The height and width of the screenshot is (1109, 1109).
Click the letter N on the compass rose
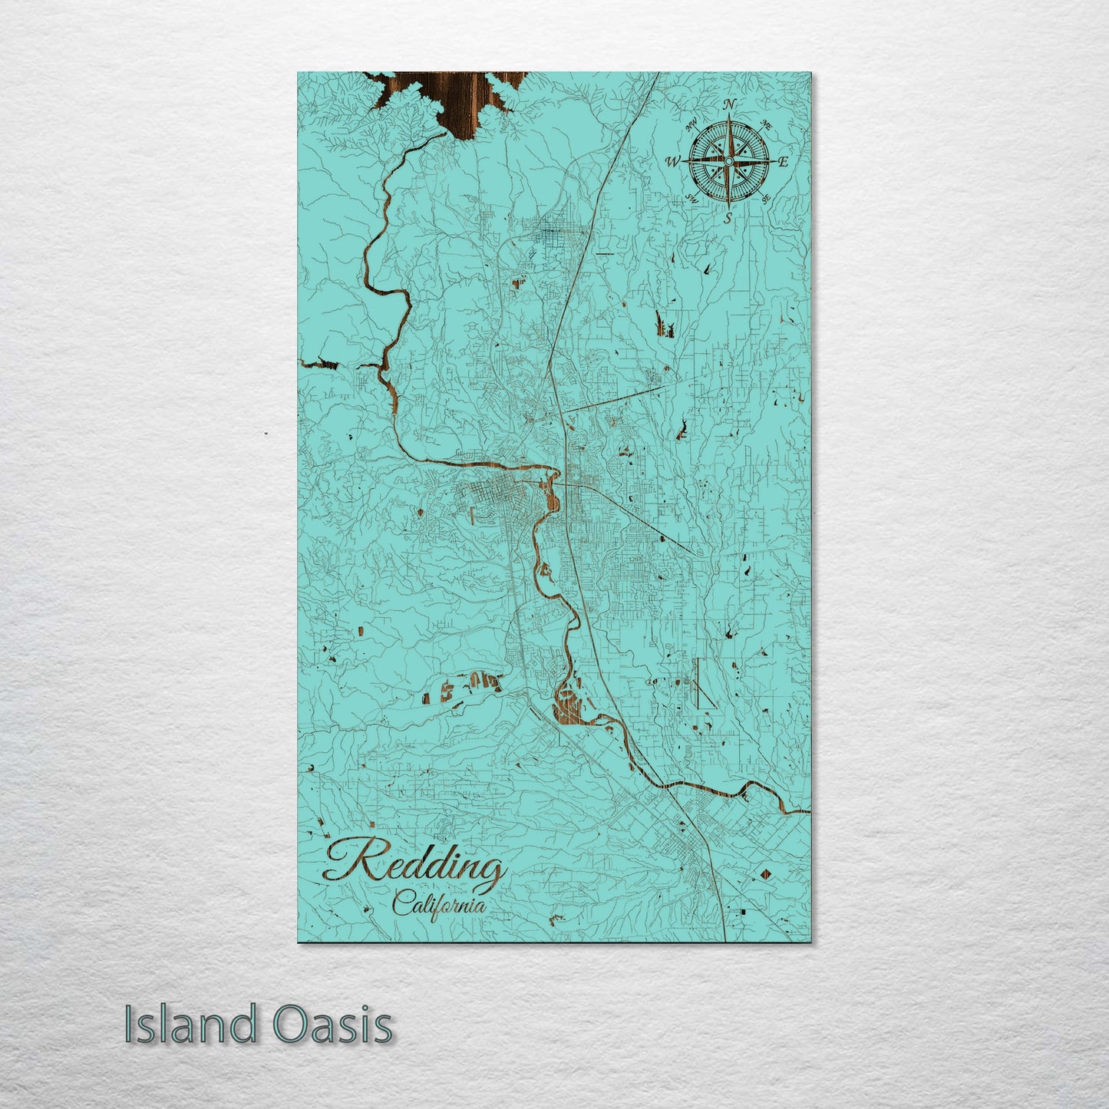pyautogui.click(x=730, y=104)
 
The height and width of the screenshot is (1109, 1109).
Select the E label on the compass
pyautogui.click(x=784, y=161)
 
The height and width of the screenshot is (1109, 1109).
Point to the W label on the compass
pyautogui.click(x=673, y=161)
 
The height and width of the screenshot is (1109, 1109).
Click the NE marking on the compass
pyautogui.click(x=765, y=124)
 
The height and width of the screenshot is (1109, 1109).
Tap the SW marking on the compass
pyautogui.click(x=690, y=199)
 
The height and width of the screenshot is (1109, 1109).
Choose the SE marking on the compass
pyautogui.click(x=766, y=199)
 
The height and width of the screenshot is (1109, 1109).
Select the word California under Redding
pyautogui.click(x=439, y=905)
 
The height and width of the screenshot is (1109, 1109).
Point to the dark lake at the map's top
pyautogui.click(x=453, y=100)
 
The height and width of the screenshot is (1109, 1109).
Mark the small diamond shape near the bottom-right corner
pyautogui.click(x=765, y=874)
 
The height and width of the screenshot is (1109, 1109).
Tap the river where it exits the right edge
pyautogui.click(x=806, y=810)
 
